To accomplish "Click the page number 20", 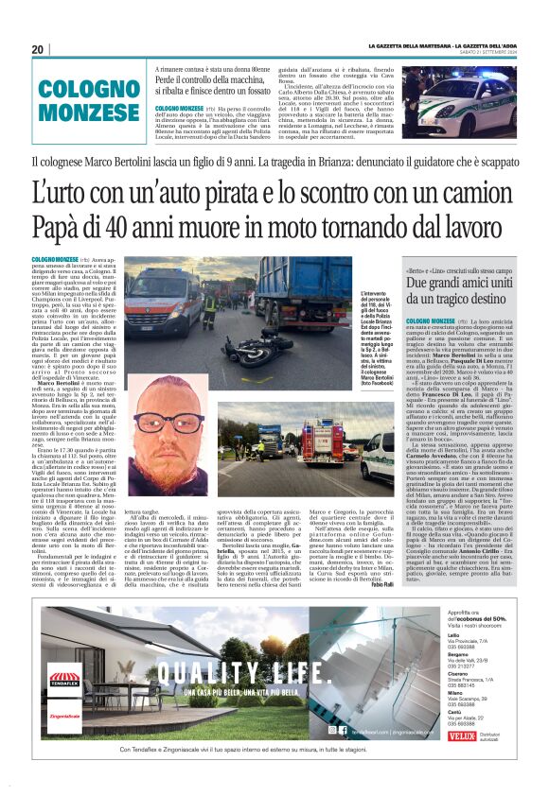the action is pos(38,49).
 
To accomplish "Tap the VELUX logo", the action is pos(464,734).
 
